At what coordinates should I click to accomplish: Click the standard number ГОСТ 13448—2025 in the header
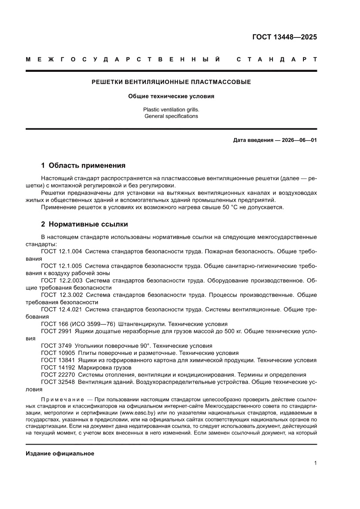pyautogui.click(x=285, y=37)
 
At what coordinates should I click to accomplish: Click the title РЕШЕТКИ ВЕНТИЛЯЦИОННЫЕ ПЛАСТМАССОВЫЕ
pyautogui.click(x=171, y=82)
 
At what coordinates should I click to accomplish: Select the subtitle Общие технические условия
pyautogui.click(x=171, y=96)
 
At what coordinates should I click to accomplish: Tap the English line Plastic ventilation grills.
pyautogui.click(x=171, y=110)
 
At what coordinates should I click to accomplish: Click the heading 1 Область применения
pyautogui.click(x=83, y=165)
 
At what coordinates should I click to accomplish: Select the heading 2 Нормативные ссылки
pyautogui.click(x=84, y=224)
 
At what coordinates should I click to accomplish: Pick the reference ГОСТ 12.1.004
pyautogui.click(x=61, y=252)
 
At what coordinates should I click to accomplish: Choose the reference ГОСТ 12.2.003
pyautogui.click(x=61, y=281)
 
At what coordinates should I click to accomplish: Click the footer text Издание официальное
pyautogui.click(x=60, y=453)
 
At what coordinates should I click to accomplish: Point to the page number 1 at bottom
pyautogui.click(x=315, y=463)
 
